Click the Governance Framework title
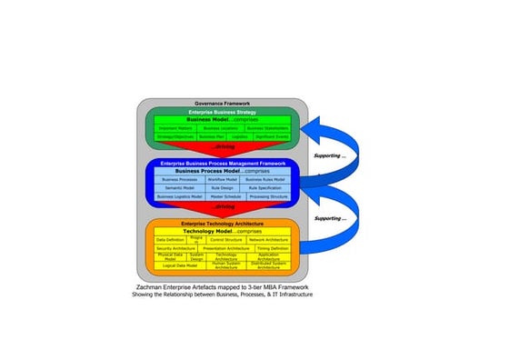tap(222, 103)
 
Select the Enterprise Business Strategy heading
tap(222, 111)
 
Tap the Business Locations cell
tap(221, 128)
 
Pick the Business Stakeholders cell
tap(265, 128)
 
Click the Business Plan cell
tap(213, 136)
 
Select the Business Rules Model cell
tap(265, 179)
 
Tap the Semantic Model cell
tap(176, 187)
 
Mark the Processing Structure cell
tap(267, 195)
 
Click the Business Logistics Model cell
tap(176, 195)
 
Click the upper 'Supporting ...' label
tap(329, 155)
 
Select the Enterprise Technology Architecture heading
tap(222, 223)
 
